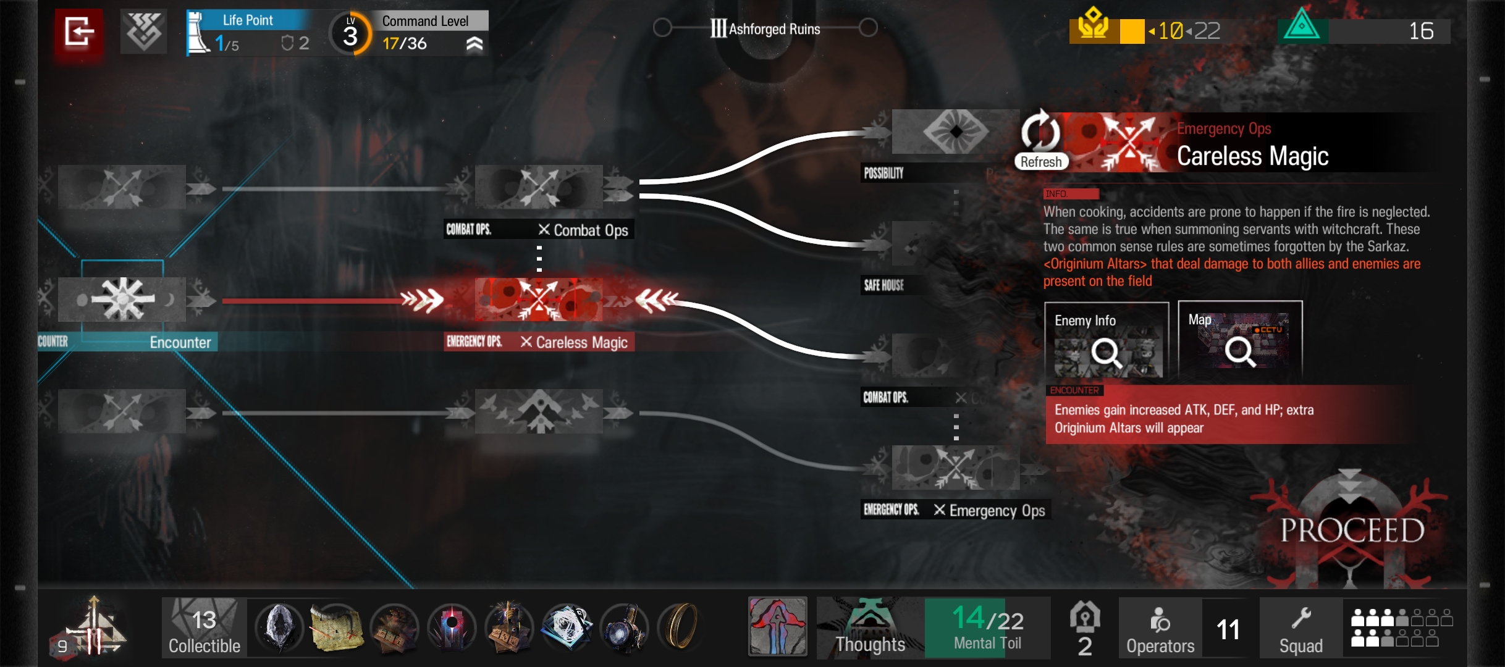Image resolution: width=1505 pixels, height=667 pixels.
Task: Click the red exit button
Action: (x=79, y=32)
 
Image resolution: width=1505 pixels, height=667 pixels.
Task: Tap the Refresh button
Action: (x=1040, y=141)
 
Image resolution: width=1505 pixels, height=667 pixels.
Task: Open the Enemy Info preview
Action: (x=1106, y=340)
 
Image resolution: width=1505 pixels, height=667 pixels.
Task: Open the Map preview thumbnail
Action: (x=1239, y=339)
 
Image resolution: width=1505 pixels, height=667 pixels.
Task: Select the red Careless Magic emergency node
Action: (x=539, y=300)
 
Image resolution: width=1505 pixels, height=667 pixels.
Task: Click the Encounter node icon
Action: (x=122, y=300)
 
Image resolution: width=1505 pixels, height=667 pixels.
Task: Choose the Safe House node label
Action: (x=884, y=285)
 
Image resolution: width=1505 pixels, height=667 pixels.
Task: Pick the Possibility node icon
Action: (x=955, y=132)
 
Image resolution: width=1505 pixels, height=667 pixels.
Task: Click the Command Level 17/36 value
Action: (x=405, y=44)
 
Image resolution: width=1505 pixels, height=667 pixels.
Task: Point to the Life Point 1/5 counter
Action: (x=227, y=43)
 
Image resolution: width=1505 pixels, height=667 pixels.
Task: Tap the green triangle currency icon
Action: (x=1301, y=26)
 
